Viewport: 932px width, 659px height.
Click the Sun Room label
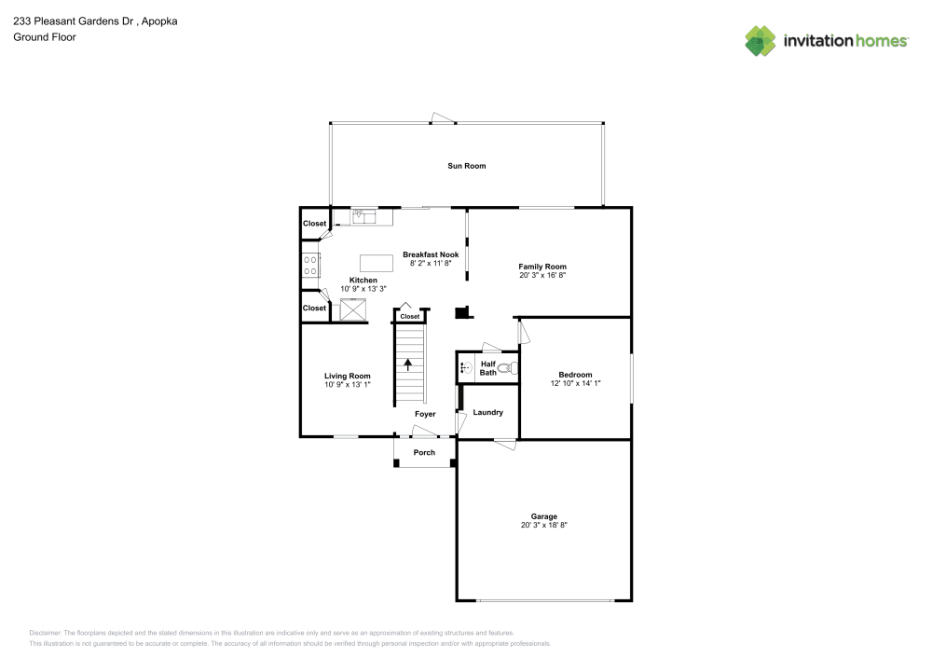pyautogui.click(x=467, y=166)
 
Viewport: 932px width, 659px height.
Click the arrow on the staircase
pyautogui.click(x=407, y=364)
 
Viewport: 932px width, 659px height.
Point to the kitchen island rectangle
pyautogui.click(x=376, y=261)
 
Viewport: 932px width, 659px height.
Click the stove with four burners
pyautogui.click(x=309, y=265)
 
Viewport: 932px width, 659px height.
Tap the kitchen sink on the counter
pyautogui.click(x=363, y=216)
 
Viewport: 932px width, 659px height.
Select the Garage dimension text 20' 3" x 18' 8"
pyautogui.click(x=544, y=526)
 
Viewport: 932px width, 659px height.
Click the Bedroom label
pyautogui.click(x=575, y=375)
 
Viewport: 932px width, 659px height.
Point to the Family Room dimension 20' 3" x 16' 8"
pyautogui.click(x=542, y=276)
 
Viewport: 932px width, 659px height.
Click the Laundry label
pyautogui.click(x=488, y=413)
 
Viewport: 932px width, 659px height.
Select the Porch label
pyautogui.click(x=424, y=453)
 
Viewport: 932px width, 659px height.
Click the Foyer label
pyautogui.click(x=425, y=414)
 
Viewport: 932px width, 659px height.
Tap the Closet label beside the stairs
pyautogui.click(x=410, y=317)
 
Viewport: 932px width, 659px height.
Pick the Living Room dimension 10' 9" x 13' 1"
pyautogui.click(x=348, y=384)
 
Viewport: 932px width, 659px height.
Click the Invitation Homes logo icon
pyautogui.click(x=761, y=40)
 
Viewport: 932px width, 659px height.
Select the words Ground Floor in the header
pyautogui.click(x=45, y=37)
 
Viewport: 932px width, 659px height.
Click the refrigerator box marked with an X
pyautogui.click(x=353, y=309)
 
